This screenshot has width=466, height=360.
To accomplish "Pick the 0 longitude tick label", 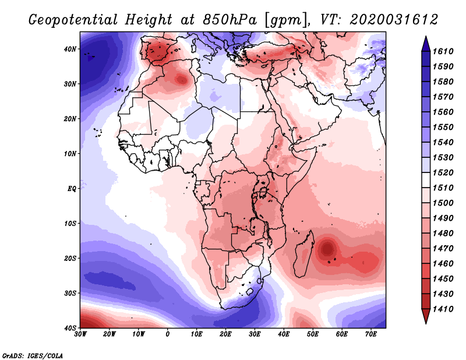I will (168, 334).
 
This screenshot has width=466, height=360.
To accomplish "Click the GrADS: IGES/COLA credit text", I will (32, 355).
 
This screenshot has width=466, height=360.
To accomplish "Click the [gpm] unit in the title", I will (285, 20).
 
